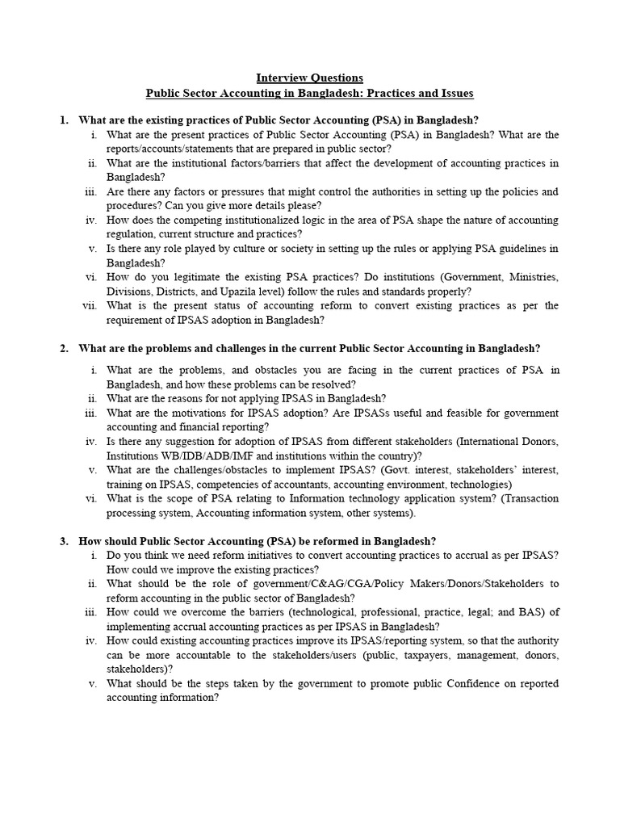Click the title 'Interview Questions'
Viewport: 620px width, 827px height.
pyautogui.click(x=310, y=78)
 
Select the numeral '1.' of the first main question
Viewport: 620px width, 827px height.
pyautogui.click(x=64, y=120)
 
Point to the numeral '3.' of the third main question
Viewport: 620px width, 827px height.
pyautogui.click(x=64, y=541)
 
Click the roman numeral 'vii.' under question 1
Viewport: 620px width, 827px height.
pyautogui.click(x=90, y=305)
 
